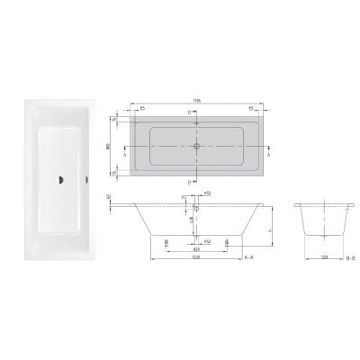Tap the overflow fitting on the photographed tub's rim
point(86,178)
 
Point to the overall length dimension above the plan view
point(196,101)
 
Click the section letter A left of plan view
point(122,154)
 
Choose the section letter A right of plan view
point(269,154)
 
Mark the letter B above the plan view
point(190,112)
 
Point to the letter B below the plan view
point(190,181)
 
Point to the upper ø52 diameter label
point(206,193)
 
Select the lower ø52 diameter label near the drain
point(206,240)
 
